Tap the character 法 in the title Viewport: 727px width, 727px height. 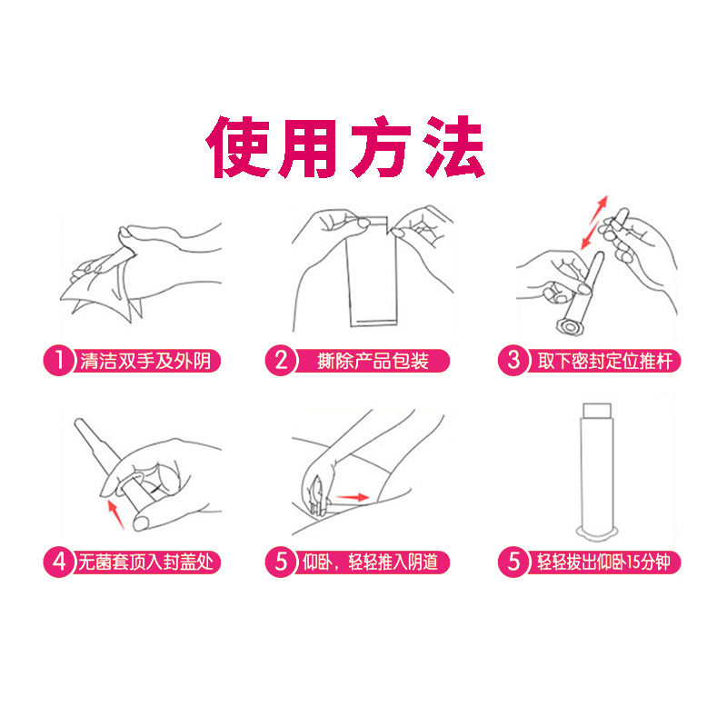click(x=452, y=145)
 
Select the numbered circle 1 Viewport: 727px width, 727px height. click(x=58, y=361)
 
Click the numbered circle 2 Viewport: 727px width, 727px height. click(x=281, y=361)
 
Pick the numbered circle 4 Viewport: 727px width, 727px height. click(x=58, y=562)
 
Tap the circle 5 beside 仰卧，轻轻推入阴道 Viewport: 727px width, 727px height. click(x=281, y=562)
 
